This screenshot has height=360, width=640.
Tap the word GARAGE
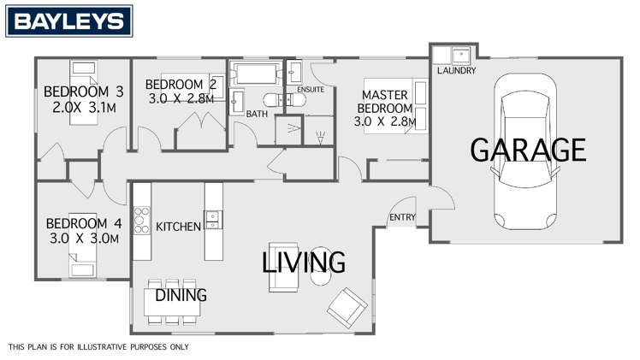(x=528, y=150)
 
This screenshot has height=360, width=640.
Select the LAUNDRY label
(x=455, y=70)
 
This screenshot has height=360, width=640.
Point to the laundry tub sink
(x=461, y=55)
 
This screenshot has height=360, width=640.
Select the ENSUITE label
(x=310, y=88)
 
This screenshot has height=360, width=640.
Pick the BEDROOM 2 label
(x=180, y=84)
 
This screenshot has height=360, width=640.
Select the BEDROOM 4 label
(x=83, y=224)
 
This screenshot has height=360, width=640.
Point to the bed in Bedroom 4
(x=84, y=271)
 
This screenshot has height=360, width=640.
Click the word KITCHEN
(x=178, y=227)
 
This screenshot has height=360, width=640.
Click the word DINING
(x=181, y=296)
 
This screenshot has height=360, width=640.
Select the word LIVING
(x=303, y=261)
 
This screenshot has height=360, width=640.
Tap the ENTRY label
(x=402, y=218)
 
